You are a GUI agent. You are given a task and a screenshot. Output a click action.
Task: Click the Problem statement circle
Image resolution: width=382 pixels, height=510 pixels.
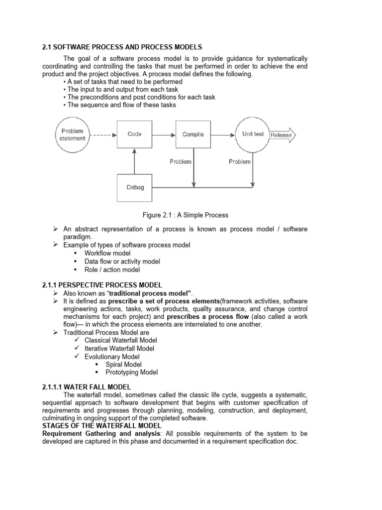[72, 134]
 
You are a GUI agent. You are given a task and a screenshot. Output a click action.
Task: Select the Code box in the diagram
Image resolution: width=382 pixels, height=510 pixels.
[134, 134]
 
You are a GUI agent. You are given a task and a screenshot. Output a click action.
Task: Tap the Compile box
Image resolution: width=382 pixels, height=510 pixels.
[193, 134]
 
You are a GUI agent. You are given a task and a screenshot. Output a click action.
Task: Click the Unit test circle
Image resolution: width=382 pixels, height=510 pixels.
[253, 134]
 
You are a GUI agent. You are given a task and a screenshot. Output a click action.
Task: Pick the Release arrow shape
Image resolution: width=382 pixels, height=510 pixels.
[282, 135]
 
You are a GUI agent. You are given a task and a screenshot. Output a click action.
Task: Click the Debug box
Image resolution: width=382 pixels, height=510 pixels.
[134, 187]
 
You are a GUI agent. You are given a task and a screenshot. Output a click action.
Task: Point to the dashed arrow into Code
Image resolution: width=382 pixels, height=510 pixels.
[103, 134]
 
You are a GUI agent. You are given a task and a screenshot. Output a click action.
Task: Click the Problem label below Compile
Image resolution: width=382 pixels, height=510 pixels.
[181, 161]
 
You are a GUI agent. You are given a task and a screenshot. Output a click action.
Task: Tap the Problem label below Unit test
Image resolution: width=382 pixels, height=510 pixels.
[239, 161]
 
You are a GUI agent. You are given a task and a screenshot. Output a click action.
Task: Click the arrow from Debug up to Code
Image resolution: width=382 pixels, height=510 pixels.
[134, 161]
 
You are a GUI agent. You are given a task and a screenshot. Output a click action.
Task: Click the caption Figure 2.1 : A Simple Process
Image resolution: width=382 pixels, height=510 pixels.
[185, 215]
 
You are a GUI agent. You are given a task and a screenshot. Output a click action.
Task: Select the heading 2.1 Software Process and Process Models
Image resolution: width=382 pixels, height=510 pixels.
[122, 47]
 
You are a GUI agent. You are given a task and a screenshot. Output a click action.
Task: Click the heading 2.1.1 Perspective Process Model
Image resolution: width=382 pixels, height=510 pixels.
[102, 285]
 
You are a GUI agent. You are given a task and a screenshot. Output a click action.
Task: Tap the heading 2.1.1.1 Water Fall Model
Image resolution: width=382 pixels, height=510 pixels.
[87, 386]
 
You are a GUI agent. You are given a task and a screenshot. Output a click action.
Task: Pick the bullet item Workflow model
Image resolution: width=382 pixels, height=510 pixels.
[107, 253]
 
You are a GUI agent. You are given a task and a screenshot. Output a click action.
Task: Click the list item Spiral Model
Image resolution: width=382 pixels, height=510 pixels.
[123, 364]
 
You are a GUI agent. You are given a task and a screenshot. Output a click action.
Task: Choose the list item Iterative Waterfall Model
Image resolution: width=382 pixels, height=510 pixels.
[119, 348]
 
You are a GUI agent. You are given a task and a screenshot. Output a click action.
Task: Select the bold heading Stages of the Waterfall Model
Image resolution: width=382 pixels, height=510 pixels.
[101, 426]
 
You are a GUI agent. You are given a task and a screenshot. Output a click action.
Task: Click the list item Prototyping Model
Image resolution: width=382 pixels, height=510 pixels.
[131, 372]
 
